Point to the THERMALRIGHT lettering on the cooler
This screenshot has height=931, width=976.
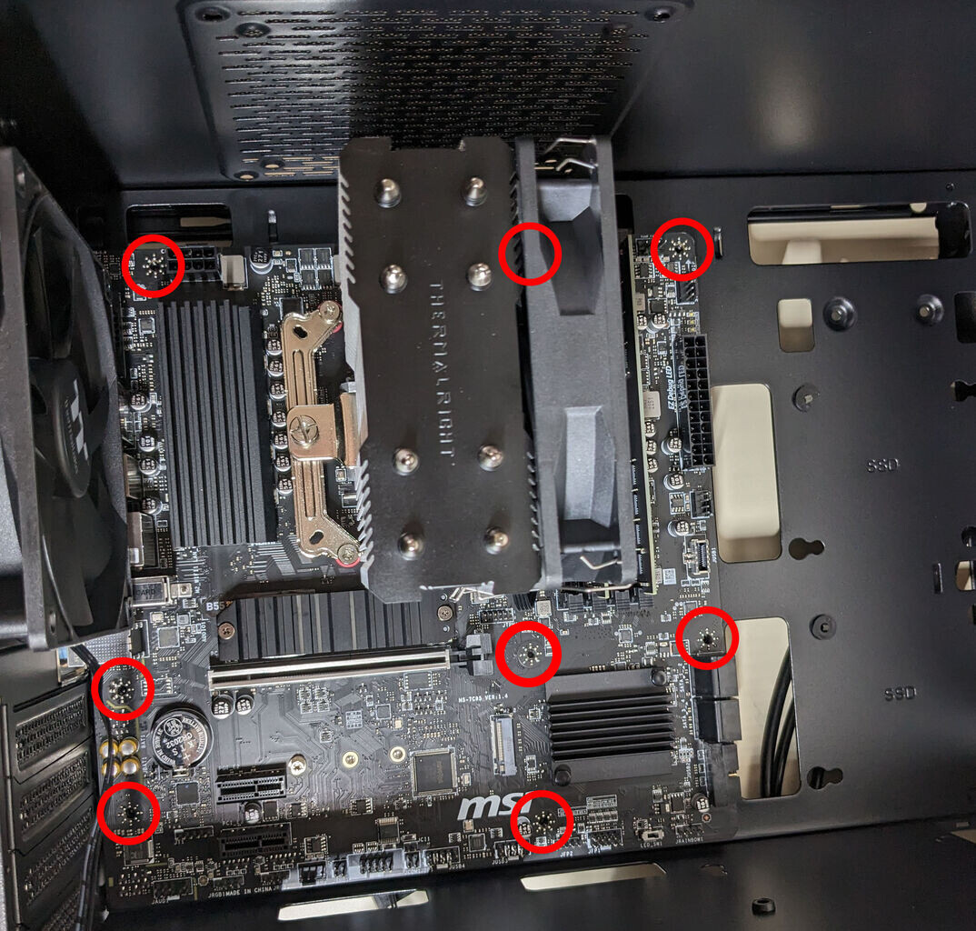[x=441, y=368]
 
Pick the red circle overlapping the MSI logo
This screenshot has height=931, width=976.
[x=543, y=821]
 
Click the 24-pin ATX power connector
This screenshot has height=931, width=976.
[x=698, y=400]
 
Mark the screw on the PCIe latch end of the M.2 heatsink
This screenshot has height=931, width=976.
[x=443, y=613]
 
